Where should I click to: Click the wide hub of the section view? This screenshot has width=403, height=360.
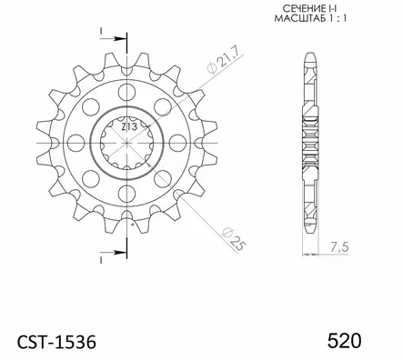point(309,145)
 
